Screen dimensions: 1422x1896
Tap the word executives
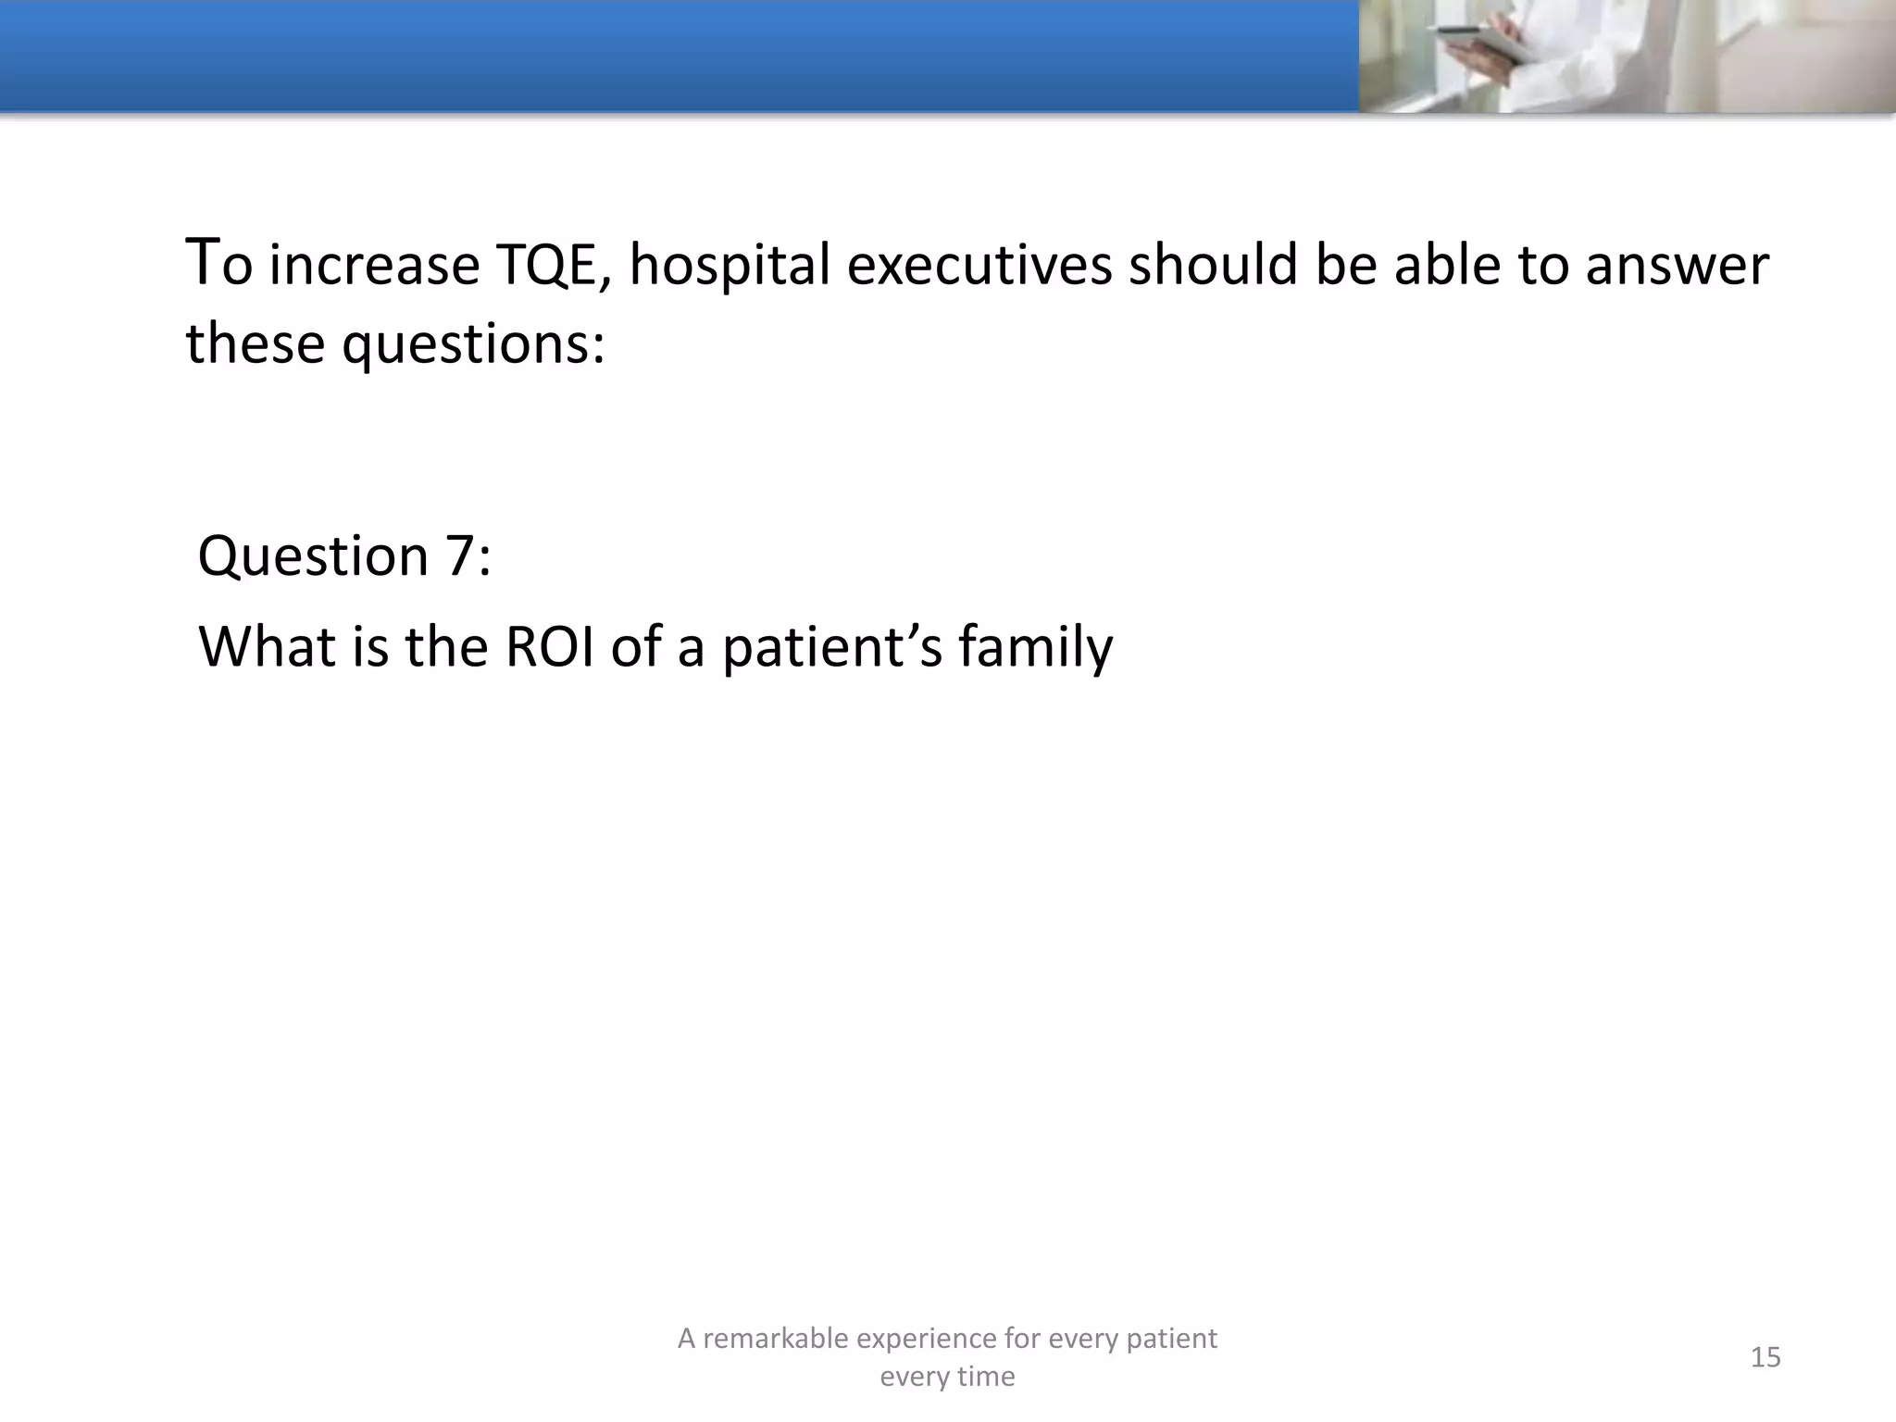pyautogui.click(x=979, y=266)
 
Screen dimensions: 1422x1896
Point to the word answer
pyautogui.click(x=1677, y=266)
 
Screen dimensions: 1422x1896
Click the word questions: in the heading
pyautogui.click(x=473, y=344)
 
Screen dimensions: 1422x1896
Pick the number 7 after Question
pyautogui.click(x=460, y=556)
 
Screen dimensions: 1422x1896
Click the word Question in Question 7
pyautogui.click(x=314, y=556)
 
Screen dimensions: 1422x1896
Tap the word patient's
pyautogui.click(x=832, y=646)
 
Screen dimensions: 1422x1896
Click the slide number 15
pyautogui.click(x=1765, y=1357)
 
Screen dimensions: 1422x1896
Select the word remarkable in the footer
pyautogui.click(x=775, y=1339)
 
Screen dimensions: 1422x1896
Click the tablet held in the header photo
pyautogui.click(x=1472, y=42)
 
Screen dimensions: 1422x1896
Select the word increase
pyautogui.click(x=375, y=266)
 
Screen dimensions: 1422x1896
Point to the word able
pyautogui.click(x=1447, y=266)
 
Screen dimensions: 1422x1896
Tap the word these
pyautogui.click(x=256, y=344)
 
